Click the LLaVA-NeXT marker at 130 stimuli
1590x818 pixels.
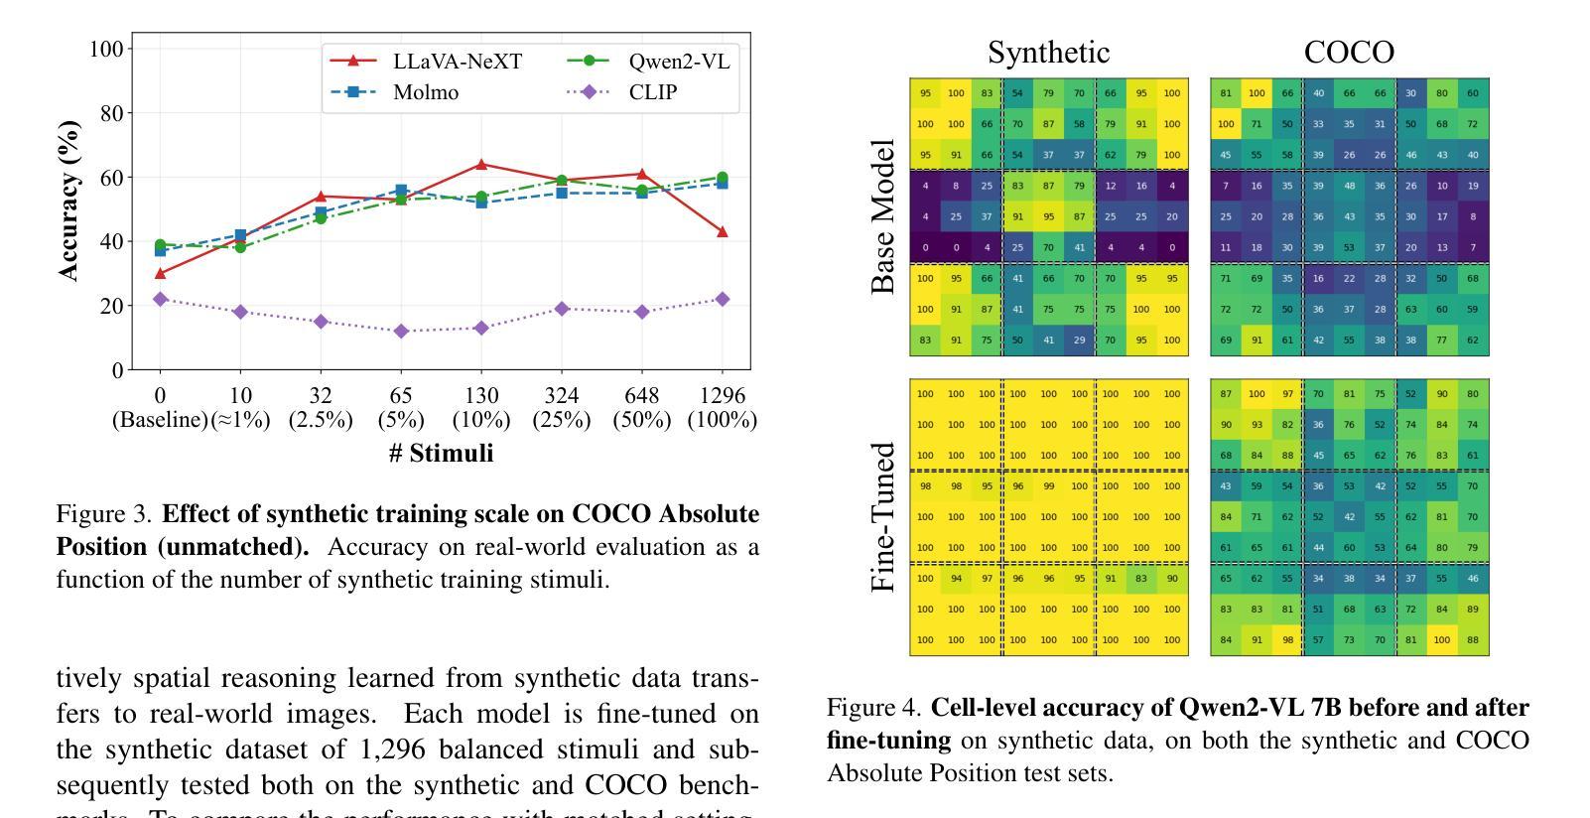point(481,164)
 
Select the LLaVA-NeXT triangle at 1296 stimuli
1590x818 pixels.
point(722,231)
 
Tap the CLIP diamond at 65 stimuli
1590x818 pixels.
point(401,331)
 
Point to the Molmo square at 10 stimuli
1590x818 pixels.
point(240,235)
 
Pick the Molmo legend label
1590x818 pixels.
point(426,92)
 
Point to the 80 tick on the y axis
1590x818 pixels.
point(111,113)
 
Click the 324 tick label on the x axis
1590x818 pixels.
point(562,395)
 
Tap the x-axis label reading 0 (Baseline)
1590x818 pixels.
point(160,407)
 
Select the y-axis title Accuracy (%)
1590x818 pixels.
point(68,202)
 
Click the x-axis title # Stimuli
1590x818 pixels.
point(441,454)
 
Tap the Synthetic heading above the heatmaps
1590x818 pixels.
point(1048,53)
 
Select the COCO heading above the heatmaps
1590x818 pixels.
point(1349,53)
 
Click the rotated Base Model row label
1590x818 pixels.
point(882,216)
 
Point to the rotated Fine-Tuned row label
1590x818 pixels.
point(882,517)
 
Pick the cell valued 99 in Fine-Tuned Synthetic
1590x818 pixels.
point(1048,486)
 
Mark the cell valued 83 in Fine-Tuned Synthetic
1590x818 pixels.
point(1141,579)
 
